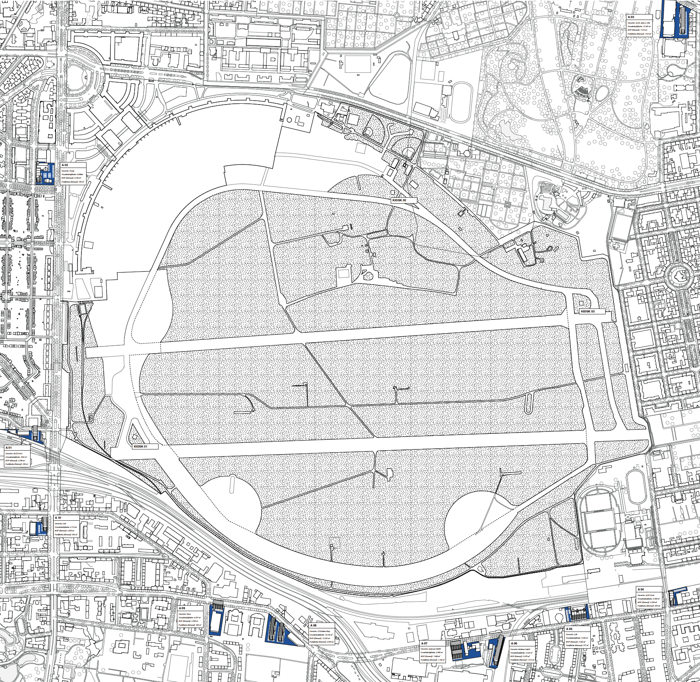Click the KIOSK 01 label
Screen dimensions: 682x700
[141, 446]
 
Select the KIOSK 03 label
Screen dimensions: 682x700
[587, 311]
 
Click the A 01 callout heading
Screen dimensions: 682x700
[8, 447]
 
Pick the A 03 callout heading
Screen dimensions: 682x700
[631, 17]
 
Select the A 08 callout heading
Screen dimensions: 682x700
[313, 625]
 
